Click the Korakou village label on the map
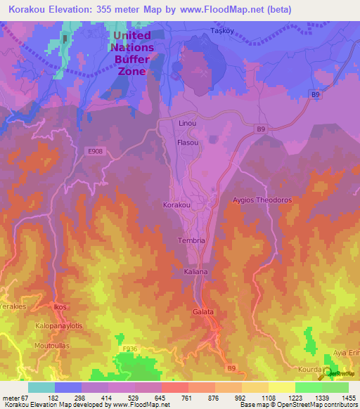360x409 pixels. click(176, 204)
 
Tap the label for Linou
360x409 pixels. click(187, 124)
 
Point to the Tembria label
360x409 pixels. click(191, 240)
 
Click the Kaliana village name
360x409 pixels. click(196, 271)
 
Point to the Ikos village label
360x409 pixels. click(60, 307)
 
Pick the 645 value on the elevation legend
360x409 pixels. click(146, 397)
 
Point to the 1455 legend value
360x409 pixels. click(348, 397)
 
